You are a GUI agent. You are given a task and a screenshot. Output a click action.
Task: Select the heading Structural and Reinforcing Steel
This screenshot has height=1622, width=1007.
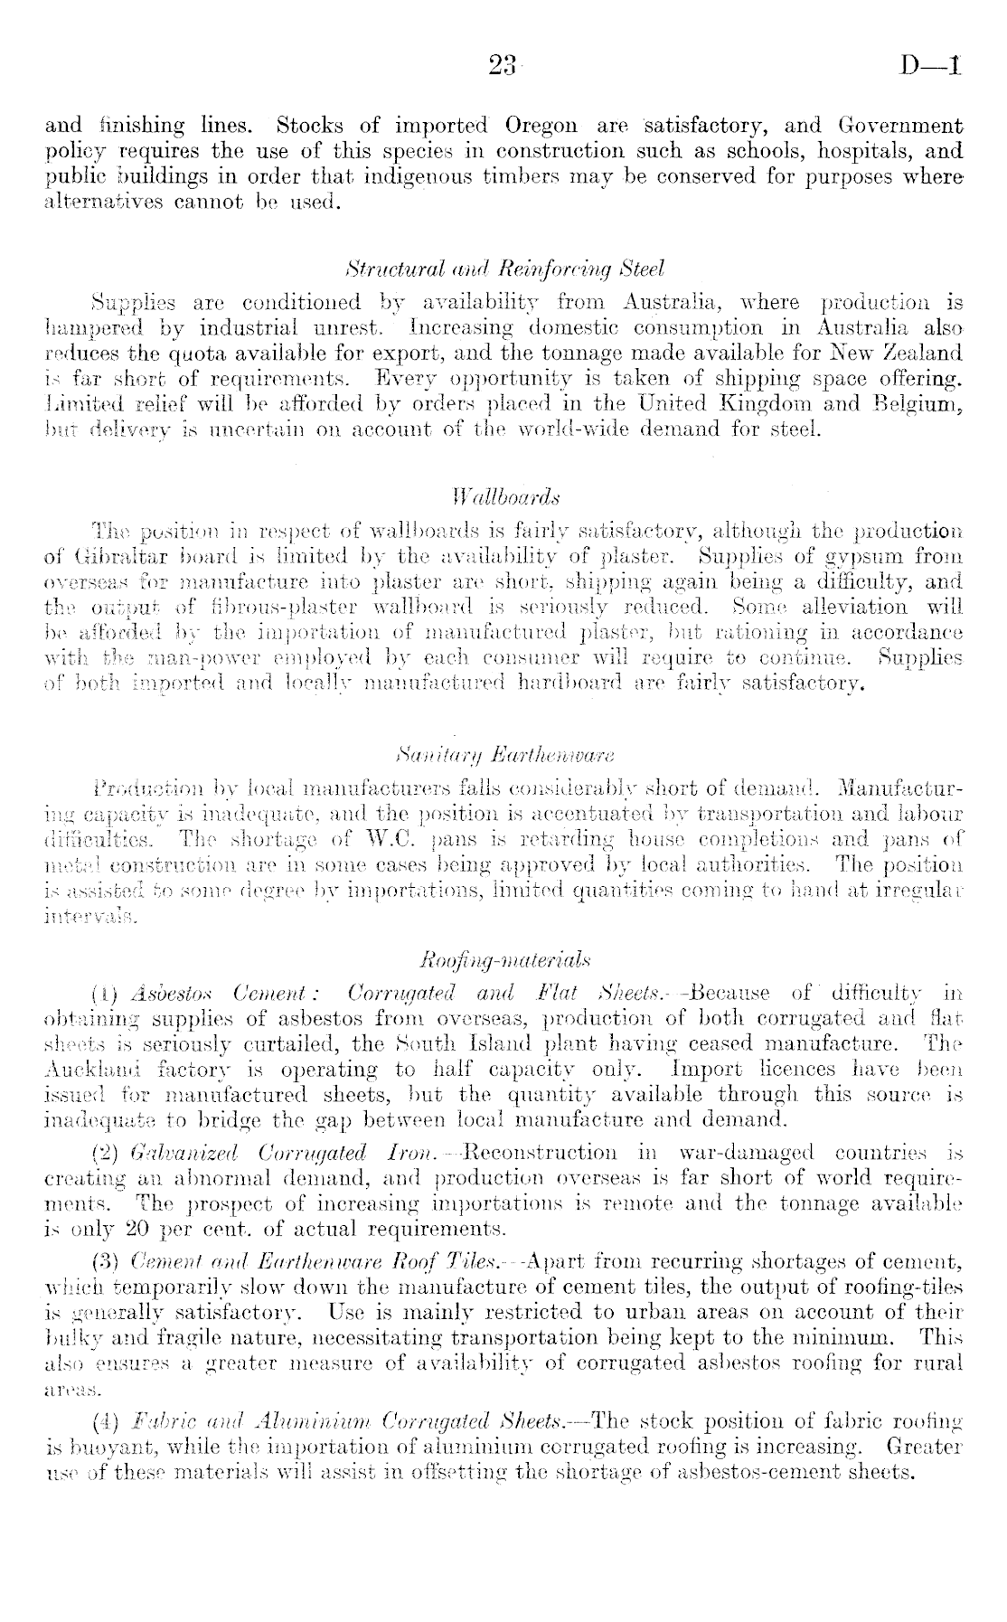click(505, 269)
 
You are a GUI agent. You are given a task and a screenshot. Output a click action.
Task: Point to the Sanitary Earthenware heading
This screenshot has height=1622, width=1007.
click(504, 726)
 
